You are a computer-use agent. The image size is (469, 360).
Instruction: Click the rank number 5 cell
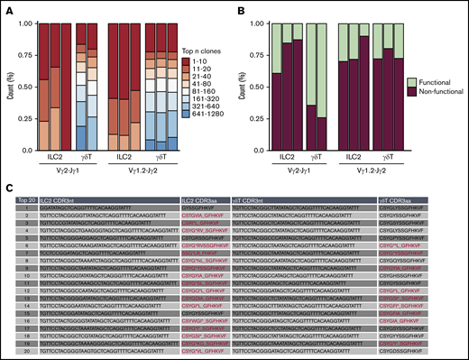click(x=17, y=238)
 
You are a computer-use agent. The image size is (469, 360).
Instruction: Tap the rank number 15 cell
click(x=17, y=314)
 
